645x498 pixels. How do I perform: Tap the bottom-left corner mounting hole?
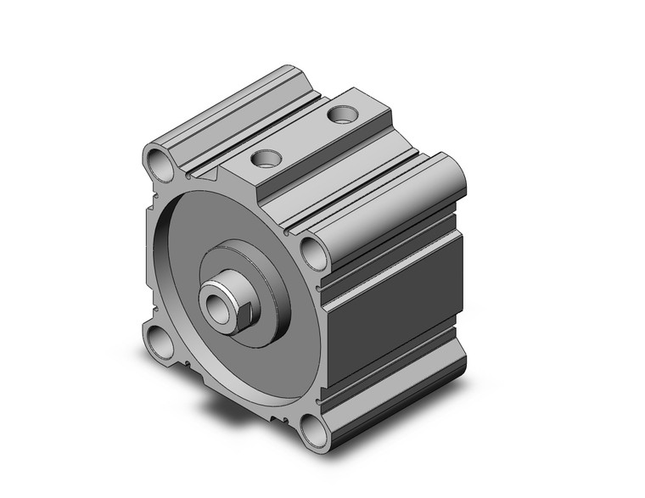click(x=156, y=341)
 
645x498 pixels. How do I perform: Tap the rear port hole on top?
click(x=341, y=112)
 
